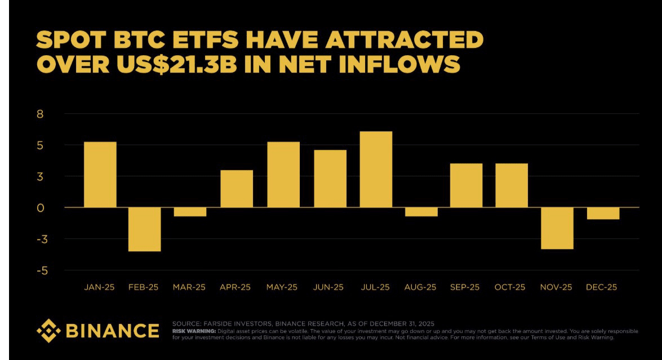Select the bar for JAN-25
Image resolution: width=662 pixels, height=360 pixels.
coord(100,174)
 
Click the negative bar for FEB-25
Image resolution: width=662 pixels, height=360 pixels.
coord(145,229)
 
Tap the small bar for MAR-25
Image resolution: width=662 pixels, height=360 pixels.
coord(190,212)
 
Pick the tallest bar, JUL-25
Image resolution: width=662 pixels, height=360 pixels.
coord(376,169)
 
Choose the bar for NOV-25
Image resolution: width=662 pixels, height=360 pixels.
coord(557,228)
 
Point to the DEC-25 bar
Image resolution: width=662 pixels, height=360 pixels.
coord(603,214)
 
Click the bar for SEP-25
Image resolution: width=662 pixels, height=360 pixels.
coord(466,185)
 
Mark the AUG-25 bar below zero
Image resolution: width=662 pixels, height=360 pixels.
coord(421,212)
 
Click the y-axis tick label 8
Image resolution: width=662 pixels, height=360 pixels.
coord(40,114)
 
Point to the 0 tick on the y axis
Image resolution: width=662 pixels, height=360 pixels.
coord(40,208)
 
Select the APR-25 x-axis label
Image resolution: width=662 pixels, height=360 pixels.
coord(236,287)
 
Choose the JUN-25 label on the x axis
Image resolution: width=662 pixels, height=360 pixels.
coord(329,287)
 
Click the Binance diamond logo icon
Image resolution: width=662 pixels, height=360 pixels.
coord(48,330)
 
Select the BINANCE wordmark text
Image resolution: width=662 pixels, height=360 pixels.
coord(113,331)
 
